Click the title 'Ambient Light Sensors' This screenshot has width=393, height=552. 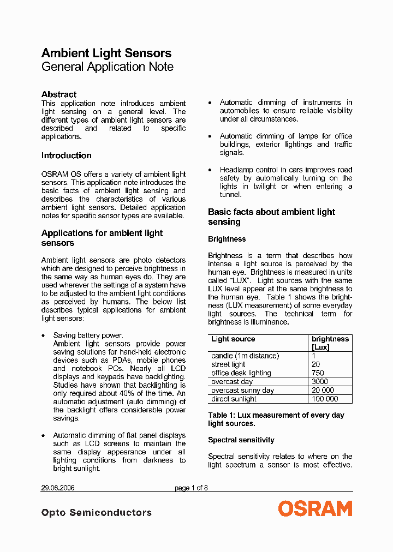tap(106, 53)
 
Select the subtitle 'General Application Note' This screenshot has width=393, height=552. tap(108, 67)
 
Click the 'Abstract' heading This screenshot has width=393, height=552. tap(59, 94)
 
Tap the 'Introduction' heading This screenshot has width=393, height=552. tap(67, 155)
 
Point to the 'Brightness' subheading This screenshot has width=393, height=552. tap(227, 239)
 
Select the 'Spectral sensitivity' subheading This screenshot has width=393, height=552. tap(241, 440)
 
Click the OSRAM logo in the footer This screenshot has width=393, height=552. tap(315, 509)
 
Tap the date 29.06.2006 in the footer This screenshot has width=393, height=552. tap(58, 488)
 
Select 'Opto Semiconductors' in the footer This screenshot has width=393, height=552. tap(97, 513)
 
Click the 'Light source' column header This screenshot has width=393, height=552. tap(233, 339)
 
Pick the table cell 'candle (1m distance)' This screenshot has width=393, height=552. tap(245, 356)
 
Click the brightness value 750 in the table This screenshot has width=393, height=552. tap(318, 373)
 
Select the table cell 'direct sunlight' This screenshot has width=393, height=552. tap(234, 399)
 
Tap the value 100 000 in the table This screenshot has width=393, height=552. tap(325, 399)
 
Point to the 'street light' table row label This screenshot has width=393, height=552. tap(228, 364)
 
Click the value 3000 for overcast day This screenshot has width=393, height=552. tap(320, 382)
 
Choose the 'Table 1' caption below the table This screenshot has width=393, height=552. tap(276, 419)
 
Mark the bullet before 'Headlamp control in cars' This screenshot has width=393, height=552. tap(210, 170)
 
